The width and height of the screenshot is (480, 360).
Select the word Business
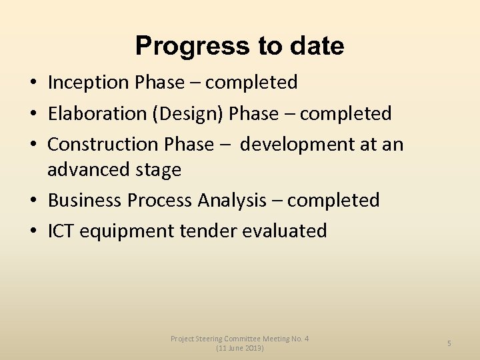(85, 200)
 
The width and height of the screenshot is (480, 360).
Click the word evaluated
(285, 231)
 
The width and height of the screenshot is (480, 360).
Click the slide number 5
(449, 343)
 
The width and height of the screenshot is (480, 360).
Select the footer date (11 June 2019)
(240, 348)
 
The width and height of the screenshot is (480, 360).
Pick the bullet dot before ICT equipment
(33, 232)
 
